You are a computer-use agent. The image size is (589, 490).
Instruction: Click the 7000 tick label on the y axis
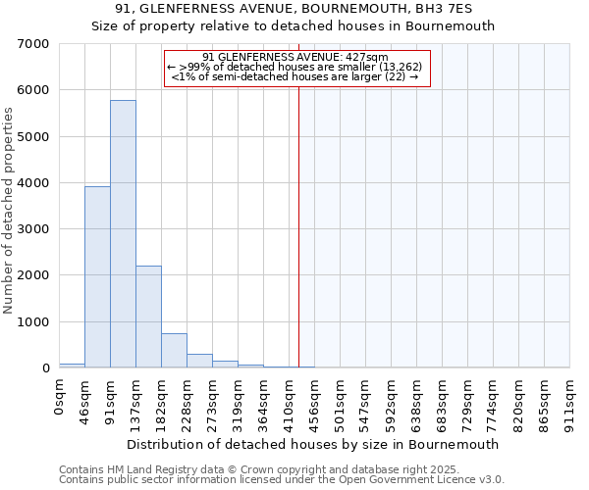pyautogui.click(x=33, y=44)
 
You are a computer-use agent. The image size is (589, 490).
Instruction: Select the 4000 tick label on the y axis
pyautogui.click(x=33, y=183)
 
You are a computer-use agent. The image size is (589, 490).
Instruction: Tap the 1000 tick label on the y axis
pyautogui.click(x=33, y=322)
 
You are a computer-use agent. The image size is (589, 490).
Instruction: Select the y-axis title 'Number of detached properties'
pyautogui.click(x=9, y=212)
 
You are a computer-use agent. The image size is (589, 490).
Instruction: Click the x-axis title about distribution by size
pyautogui.click(x=313, y=444)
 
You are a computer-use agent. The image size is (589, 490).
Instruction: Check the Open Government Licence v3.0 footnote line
pyautogui.click(x=282, y=480)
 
